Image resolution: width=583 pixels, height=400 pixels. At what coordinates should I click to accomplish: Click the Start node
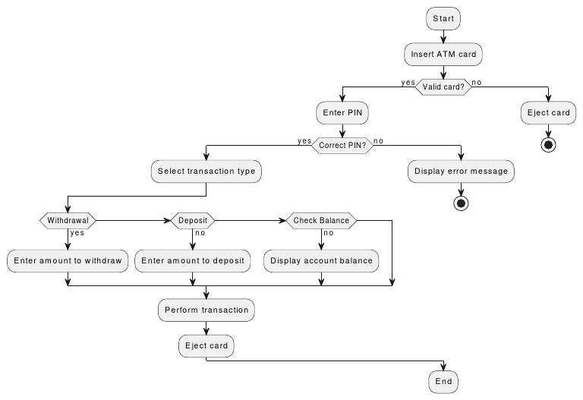[x=443, y=18]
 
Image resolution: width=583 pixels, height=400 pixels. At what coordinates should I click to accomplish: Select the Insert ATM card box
[x=443, y=55]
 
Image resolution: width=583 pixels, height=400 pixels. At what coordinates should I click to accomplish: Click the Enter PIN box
[x=343, y=113]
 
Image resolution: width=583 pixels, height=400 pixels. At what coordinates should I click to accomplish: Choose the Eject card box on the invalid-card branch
[x=548, y=113]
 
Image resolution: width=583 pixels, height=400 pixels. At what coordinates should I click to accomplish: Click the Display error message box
[x=461, y=172]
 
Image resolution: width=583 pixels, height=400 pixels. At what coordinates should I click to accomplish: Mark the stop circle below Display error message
[x=461, y=203]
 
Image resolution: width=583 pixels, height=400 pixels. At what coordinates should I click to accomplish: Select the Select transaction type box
[x=207, y=172]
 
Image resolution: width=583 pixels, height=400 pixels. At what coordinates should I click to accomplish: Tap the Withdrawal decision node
[x=68, y=221]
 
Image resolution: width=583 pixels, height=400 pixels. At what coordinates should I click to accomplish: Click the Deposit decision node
[x=192, y=221]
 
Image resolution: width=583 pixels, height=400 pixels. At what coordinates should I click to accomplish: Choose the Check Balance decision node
[x=321, y=221]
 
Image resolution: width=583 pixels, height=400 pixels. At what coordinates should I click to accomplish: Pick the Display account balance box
[x=321, y=261]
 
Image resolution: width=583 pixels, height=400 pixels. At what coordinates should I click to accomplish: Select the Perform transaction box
[x=206, y=310]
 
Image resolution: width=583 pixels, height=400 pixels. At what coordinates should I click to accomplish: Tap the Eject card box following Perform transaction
[x=206, y=346]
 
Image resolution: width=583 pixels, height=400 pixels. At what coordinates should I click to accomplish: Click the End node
[x=443, y=380]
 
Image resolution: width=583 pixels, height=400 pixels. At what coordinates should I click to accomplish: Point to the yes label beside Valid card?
[x=407, y=82]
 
